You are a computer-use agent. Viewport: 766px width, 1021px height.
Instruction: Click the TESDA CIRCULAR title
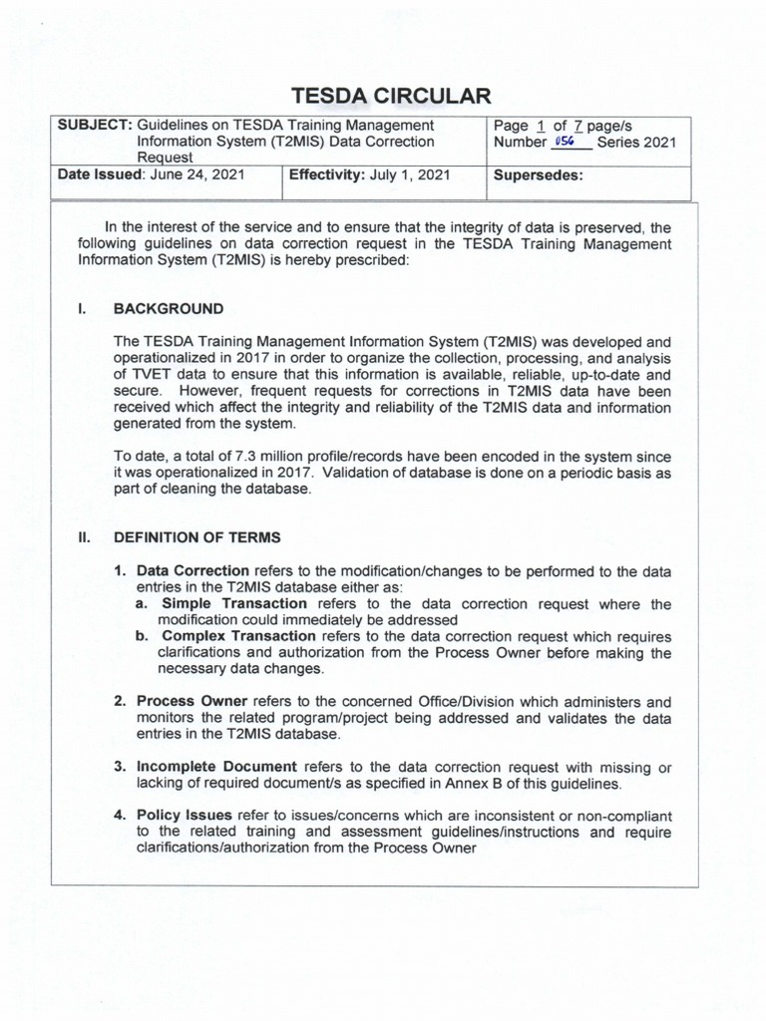[x=390, y=96]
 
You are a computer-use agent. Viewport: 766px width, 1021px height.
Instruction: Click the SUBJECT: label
[x=95, y=126]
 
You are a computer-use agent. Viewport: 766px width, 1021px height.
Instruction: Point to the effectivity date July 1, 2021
[x=410, y=175]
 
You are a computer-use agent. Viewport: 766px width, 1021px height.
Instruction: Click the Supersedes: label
[x=538, y=175]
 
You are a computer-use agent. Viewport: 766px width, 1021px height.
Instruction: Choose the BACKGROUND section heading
[x=169, y=309]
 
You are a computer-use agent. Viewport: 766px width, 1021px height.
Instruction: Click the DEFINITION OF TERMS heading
[x=197, y=537]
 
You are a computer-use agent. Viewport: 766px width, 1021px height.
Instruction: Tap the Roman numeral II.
[x=85, y=537]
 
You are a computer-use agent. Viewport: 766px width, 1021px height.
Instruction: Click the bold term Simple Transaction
[x=234, y=603]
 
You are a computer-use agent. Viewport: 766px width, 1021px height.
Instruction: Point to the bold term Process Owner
[x=191, y=701]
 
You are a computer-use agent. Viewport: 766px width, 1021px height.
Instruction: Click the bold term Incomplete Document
[x=216, y=766]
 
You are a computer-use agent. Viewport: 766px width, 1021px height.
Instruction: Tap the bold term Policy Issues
[x=185, y=816]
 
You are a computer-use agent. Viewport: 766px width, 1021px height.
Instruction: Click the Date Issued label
[x=101, y=175]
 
